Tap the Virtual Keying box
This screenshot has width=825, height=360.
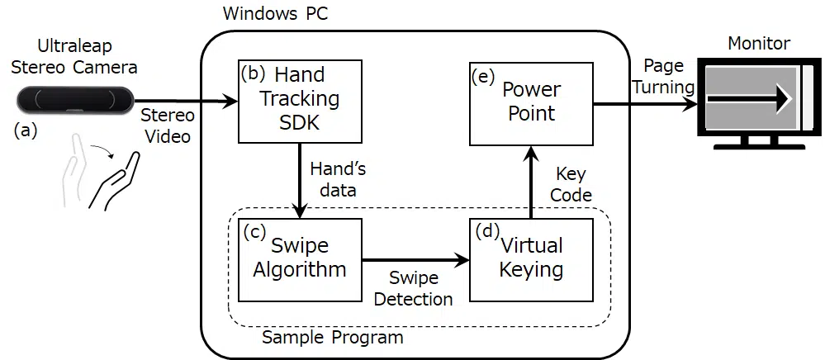point(531,258)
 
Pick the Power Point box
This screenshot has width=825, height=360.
point(531,101)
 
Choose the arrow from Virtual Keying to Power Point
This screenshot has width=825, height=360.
point(531,182)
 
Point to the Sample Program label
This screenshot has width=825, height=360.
point(332,338)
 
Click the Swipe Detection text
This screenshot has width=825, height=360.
point(413,288)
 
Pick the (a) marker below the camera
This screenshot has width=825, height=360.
point(26,130)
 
